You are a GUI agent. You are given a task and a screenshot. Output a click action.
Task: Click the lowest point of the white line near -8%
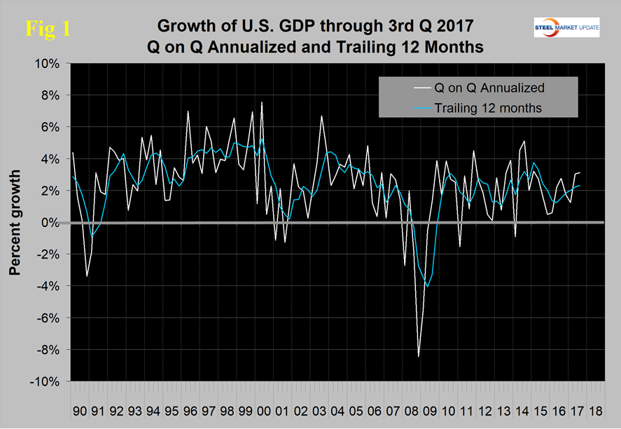coord(419,357)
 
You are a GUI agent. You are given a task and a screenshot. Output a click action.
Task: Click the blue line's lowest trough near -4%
coord(427,287)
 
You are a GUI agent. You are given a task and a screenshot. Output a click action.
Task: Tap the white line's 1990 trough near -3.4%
coord(87,276)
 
